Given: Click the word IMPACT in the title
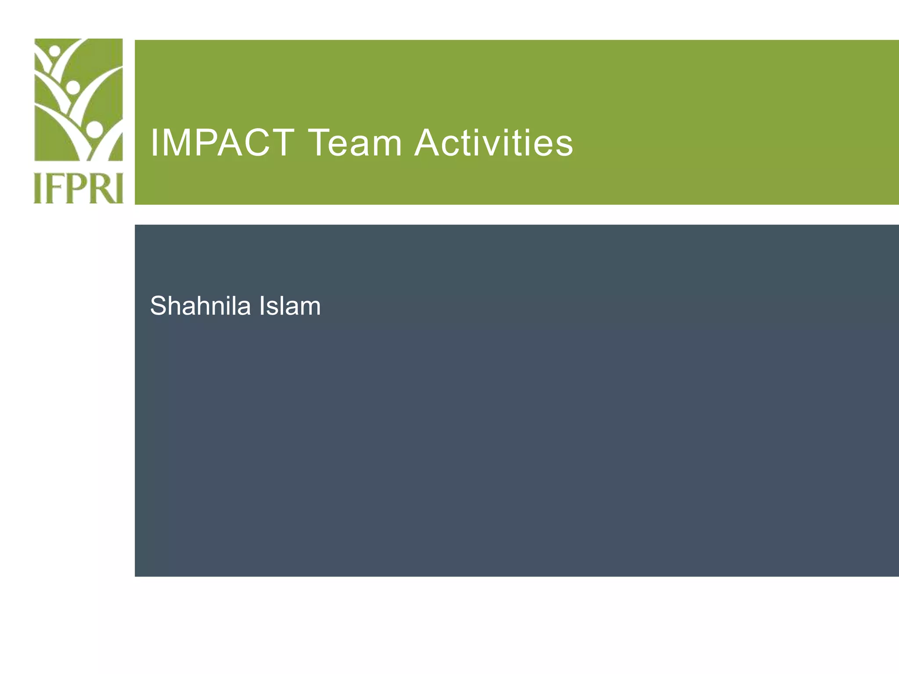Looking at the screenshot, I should tap(222, 143).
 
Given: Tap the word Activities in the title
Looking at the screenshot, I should tap(494, 143).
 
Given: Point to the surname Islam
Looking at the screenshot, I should tap(290, 306).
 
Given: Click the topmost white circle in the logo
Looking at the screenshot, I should tap(55, 50).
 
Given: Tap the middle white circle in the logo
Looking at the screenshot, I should tap(73, 87).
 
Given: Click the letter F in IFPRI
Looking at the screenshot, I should tap(54, 188).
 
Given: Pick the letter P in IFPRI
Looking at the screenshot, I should tap(74, 188).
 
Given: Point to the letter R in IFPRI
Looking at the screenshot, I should tap(97, 188).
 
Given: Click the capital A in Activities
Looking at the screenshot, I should tap(430, 143).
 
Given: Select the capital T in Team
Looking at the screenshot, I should tap(322, 143).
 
